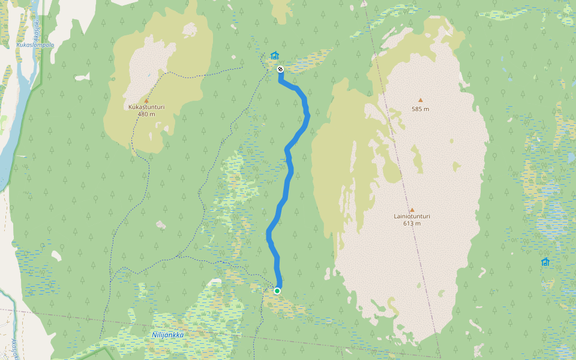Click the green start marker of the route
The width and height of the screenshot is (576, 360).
(277, 291)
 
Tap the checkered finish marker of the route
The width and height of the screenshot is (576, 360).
(280, 69)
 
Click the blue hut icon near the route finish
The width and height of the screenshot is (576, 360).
(275, 56)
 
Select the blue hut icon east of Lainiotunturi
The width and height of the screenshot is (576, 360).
(545, 262)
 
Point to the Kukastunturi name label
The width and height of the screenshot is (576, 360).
(146, 107)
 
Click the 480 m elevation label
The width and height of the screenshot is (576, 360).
(146, 114)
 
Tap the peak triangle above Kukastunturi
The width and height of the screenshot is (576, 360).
(146, 101)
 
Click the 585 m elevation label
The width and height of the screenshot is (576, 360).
(420, 109)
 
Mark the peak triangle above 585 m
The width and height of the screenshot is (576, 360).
(420, 100)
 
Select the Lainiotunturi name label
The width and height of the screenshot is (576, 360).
(412, 217)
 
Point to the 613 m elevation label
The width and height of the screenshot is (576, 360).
(412, 223)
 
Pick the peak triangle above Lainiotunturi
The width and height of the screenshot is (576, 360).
(412, 210)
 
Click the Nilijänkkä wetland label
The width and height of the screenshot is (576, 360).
(168, 335)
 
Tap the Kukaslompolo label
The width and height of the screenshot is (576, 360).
(35, 45)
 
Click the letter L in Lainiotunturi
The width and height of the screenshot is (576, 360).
(395, 217)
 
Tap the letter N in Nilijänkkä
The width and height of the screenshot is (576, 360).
(154, 335)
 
